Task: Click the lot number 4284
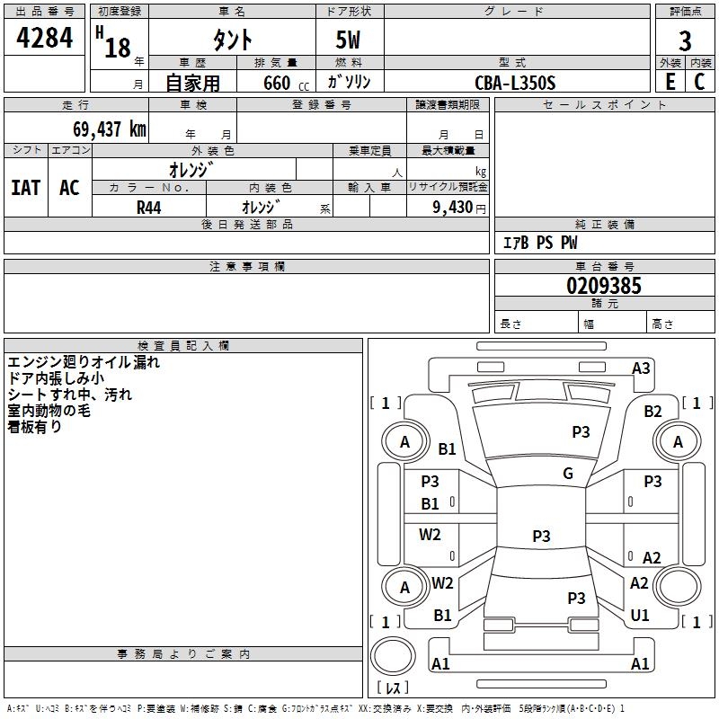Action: [45, 38]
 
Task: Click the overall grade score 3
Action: [685, 41]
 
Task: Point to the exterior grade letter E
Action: [670, 81]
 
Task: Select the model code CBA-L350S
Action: [515, 83]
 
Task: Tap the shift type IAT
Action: [26, 188]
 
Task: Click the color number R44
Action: [148, 207]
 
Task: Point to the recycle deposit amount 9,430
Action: [453, 207]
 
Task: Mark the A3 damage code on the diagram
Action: [641, 368]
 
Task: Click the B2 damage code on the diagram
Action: [653, 412]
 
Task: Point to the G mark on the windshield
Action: [568, 474]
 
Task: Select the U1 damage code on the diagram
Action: [640, 616]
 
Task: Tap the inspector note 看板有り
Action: [35, 427]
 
